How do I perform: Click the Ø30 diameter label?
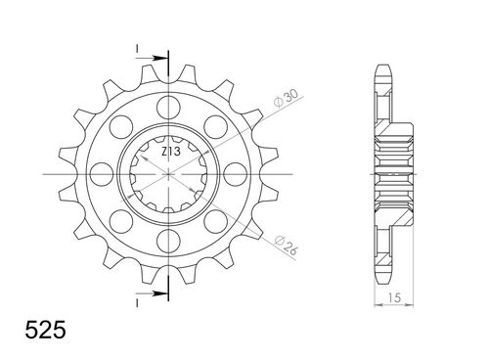click(286, 99)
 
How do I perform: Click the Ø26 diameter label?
click(286, 245)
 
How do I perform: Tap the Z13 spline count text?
click(170, 152)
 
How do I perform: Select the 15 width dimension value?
click(393, 297)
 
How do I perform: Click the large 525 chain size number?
click(46, 330)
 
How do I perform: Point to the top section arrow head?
click(158, 58)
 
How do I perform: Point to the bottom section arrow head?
click(158, 293)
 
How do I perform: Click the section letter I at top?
click(137, 49)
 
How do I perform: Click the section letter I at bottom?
click(137, 303)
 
